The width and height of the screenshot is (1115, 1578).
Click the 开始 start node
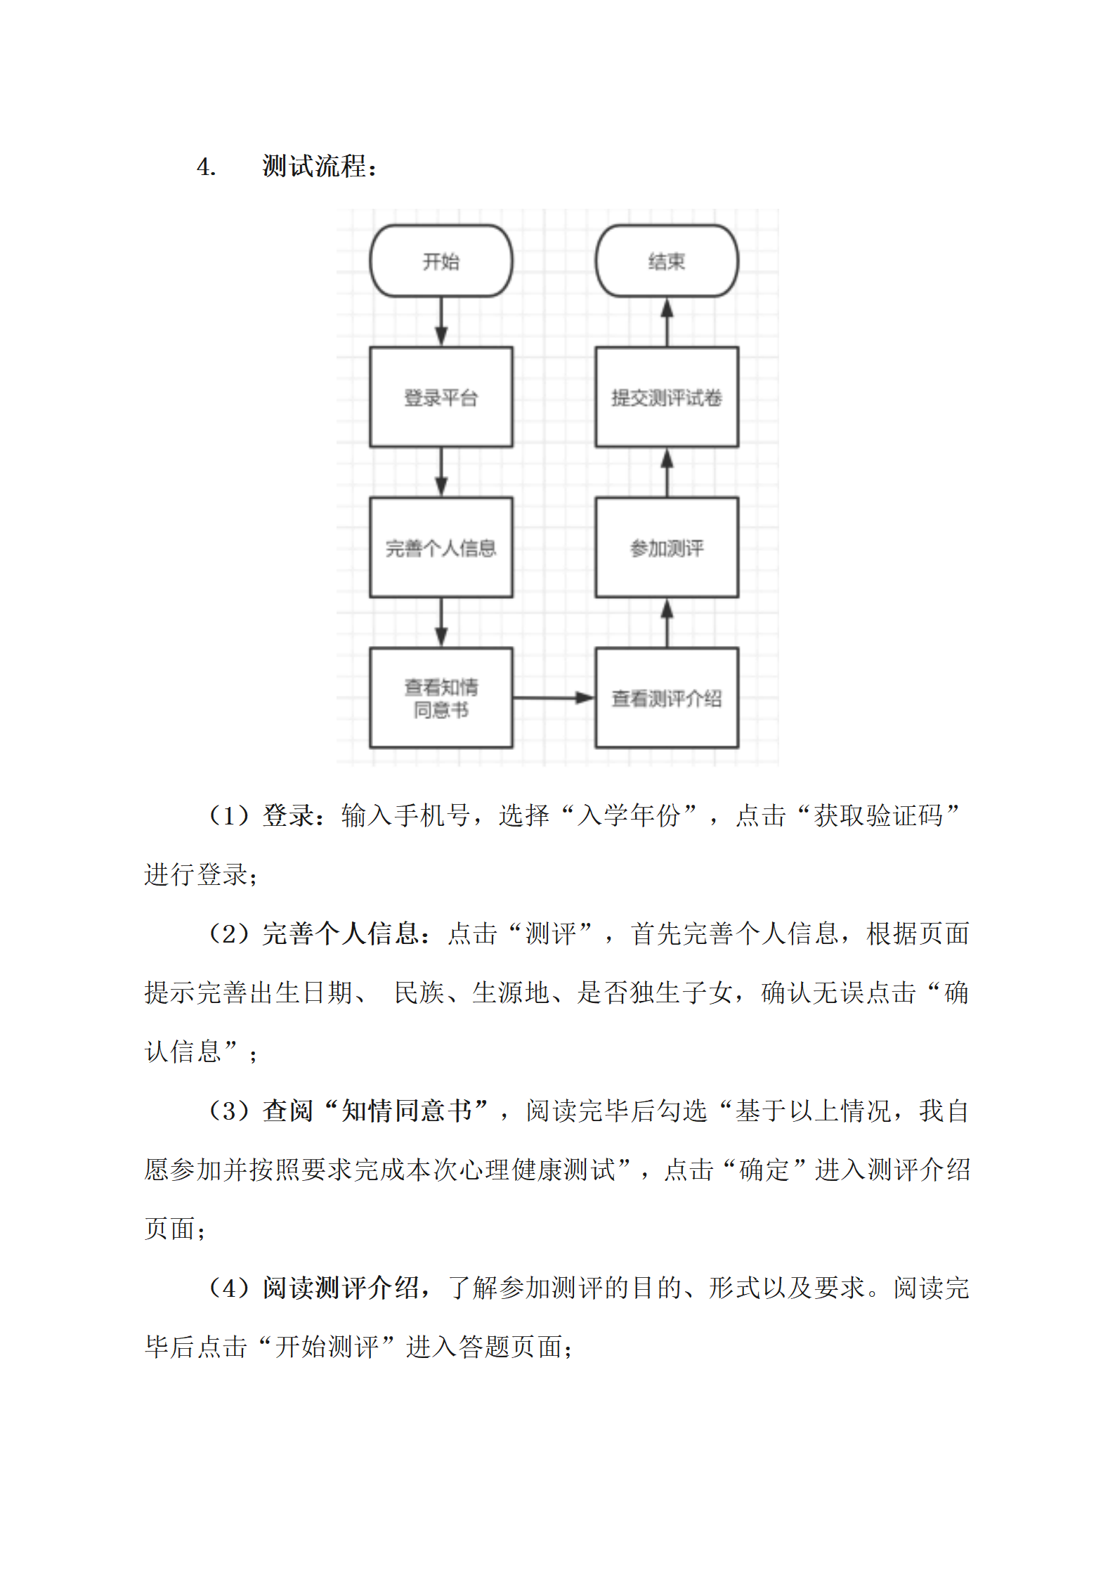click(441, 261)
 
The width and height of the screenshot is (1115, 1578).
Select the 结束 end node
click(667, 261)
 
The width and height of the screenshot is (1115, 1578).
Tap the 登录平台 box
click(441, 397)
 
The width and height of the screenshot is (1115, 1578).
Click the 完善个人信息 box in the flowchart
click(441, 548)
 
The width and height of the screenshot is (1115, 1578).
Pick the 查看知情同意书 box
click(441, 697)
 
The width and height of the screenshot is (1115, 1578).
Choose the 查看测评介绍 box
click(667, 697)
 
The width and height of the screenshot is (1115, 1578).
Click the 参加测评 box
click(667, 548)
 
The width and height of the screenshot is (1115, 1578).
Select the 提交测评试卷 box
click(667, 397)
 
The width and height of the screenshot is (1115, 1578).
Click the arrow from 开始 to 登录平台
click(441, 322)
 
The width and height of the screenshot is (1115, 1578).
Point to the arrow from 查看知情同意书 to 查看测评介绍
click(554, 698)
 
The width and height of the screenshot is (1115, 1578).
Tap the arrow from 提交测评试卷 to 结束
click(667, 322)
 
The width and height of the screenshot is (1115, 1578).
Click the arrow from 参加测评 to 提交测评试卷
click(667, 472)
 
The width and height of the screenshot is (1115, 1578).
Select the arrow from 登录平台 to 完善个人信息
click(441, 472)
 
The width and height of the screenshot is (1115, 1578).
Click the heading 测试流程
click(314, 167)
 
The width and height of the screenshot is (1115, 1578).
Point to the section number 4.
click(206, 167)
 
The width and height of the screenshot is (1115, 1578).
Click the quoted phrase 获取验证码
click(878, 815)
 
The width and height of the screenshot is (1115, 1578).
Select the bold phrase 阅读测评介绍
click(341, 1288)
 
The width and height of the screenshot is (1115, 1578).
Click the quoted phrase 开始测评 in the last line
click(327, 1347)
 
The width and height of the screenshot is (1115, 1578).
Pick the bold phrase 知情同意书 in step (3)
click(407, 1111)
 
